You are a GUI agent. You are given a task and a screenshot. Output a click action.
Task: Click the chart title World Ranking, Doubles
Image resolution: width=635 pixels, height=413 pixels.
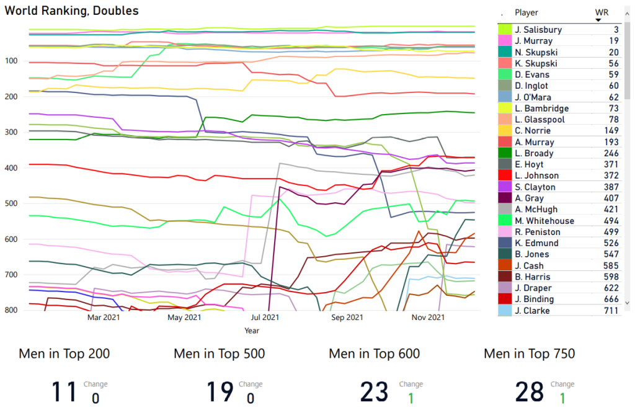coord(72,11)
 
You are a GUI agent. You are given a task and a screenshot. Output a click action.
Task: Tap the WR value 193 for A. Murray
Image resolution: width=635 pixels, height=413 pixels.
coord(613,142)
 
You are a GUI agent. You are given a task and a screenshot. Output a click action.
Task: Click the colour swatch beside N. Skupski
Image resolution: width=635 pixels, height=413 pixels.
coord(505,52)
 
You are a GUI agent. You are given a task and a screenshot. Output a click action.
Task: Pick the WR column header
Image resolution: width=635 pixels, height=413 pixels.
coord(601,12)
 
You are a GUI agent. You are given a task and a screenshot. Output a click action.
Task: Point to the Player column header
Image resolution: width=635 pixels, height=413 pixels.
coord(526,12)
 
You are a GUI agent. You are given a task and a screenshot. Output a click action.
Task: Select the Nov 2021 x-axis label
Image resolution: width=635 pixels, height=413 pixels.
coord(428,318)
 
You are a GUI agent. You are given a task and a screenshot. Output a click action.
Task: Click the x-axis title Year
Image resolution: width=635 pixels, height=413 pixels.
coord(252,331)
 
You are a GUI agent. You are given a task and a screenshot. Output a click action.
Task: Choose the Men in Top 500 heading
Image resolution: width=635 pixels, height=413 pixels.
coord(219,354)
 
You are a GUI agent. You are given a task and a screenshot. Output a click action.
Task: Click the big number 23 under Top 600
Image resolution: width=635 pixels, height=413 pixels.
coord(375,392)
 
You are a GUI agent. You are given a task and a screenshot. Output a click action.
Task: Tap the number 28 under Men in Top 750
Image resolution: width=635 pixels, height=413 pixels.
coord(530,392)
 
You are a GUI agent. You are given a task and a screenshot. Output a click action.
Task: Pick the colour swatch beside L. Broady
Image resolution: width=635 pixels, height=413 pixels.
coord(505,153)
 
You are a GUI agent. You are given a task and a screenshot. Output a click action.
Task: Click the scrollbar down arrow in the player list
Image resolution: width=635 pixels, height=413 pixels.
coord(628,303)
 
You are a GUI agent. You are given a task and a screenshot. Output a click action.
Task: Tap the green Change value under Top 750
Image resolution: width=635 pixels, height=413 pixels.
coord(562,397)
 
